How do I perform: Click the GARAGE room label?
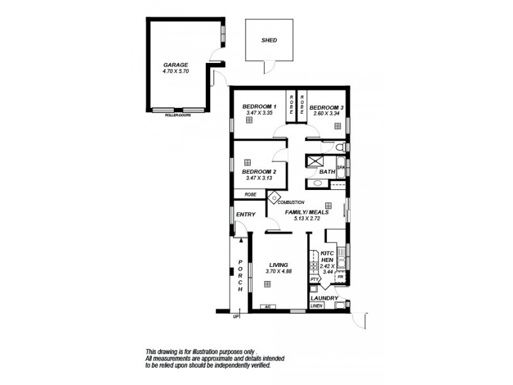[175, 65]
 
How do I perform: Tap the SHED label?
[269, 40]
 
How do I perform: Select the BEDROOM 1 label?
[259, 107]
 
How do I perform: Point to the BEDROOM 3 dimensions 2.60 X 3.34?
[326, 114]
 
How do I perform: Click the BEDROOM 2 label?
[259, 172]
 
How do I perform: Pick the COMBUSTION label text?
[290, 202]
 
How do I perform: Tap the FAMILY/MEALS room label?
[307, 212]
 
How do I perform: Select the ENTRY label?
[246, 214]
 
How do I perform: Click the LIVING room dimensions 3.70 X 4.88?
[278, 271]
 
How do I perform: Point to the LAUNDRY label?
[323, 298]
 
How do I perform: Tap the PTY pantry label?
[314, 280]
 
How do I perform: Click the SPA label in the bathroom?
[341, 168]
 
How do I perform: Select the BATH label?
[327, 172]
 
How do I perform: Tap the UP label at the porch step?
[236, 317]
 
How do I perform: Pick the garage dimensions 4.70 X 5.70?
[175, 71]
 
